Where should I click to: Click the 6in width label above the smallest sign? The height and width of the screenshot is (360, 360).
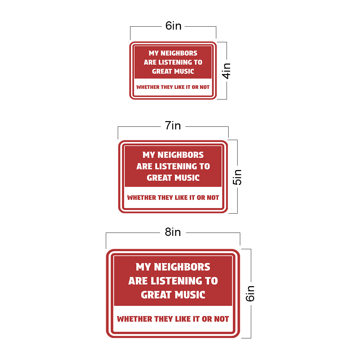point(173,26)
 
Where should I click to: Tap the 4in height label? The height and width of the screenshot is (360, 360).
point(226,71)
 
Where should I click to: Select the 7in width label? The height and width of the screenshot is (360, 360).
point(173,125)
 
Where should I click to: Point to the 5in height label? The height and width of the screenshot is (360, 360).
point(237,177)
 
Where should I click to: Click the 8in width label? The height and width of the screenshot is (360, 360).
point(173,232)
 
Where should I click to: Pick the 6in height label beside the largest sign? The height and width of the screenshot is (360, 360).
point(250,293)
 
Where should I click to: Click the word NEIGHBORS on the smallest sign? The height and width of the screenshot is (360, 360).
point(179,53)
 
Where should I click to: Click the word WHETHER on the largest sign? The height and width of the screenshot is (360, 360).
point(134,319)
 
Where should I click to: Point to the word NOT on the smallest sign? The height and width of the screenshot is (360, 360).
point(205,87)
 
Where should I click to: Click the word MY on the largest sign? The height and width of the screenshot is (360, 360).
point(143,267)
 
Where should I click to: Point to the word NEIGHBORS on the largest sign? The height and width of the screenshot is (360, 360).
point(182,267)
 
